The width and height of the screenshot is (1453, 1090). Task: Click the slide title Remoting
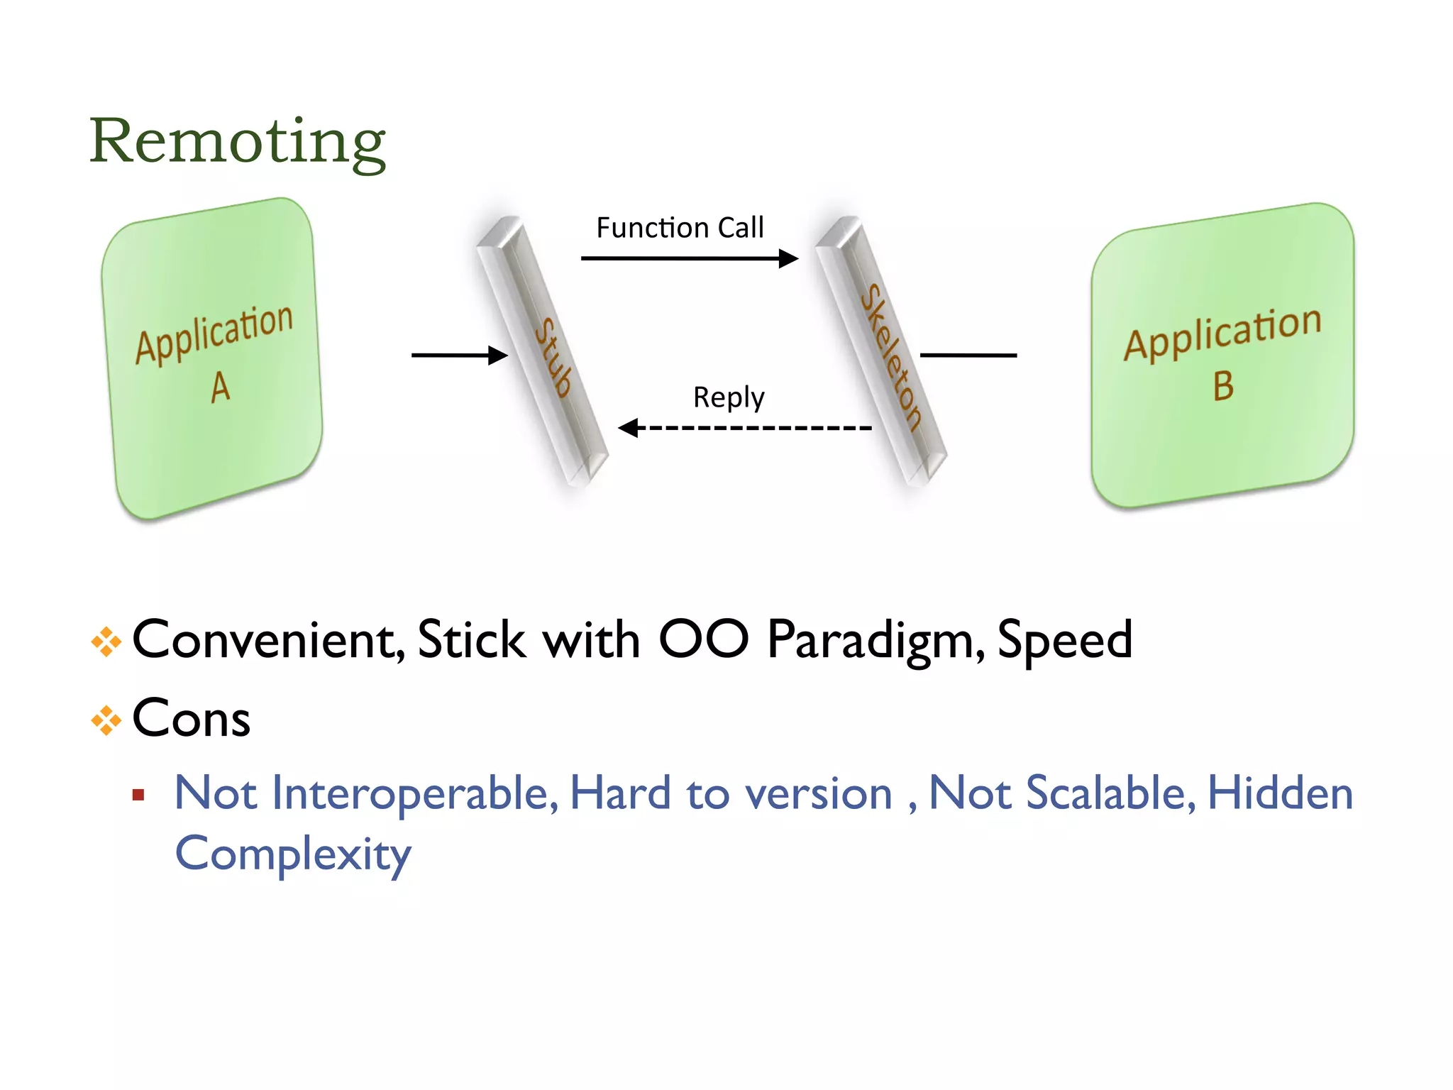[x=237, y=142]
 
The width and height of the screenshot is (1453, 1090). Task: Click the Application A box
[x=213, y=358]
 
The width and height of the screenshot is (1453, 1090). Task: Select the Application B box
[x=1222, y=355]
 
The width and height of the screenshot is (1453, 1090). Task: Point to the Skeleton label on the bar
[x=891, y=357]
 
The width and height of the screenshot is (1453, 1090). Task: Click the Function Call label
[x=680, y=228]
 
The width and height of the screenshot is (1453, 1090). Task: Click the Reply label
[x=729, y=397]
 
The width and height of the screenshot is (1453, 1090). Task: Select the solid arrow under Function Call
[x=688, y=258]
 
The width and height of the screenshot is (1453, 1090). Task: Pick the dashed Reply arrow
[x=745, y=428]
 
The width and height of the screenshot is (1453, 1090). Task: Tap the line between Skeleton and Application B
[x=968, y=355]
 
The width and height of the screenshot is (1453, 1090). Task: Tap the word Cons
[x=192, y=718]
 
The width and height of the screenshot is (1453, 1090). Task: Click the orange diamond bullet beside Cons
[x=106, y=721]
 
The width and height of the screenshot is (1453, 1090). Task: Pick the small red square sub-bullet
[x=138, y=795]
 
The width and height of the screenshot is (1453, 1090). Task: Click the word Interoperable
[x=414, y=793]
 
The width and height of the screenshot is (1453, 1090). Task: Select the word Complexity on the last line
[x=292, y=854]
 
